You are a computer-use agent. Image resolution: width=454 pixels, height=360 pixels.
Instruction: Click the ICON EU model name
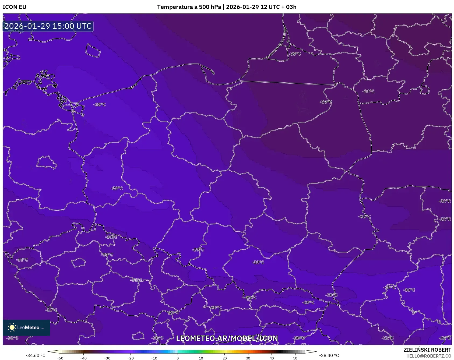(x=15, y=7)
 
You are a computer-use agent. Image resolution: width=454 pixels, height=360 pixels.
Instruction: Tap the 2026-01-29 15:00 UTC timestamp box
(x=48, y=26)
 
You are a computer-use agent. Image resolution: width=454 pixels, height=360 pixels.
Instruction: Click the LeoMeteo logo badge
(x=26, y=327)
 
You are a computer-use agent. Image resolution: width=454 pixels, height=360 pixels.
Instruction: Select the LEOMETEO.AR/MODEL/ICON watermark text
(x=227, y=338)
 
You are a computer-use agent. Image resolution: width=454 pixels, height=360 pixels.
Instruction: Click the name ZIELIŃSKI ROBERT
(x=427, y=350)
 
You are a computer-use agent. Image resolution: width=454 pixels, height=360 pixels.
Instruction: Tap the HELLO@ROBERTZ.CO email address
(x=428, y=356)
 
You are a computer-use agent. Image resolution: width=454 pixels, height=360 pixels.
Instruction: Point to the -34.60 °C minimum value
(x=35, y=355)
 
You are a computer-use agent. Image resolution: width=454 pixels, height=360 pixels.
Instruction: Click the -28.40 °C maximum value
(x=329, y=355)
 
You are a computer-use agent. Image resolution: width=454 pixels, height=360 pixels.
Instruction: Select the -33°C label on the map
(x=295, y=54)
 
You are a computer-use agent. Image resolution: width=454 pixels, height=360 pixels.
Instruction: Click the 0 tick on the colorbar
(x=178, y=358)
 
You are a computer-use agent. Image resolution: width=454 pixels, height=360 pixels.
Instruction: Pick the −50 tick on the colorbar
(x=60, y=358)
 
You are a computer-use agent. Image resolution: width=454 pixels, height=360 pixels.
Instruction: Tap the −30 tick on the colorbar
(x=107, y=358)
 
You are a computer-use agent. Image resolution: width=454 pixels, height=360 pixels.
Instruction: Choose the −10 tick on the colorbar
(x=154, y=358)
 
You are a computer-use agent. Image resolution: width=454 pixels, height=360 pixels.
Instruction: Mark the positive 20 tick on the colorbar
(x=224, y=358)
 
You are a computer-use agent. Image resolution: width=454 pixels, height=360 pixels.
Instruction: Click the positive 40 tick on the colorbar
(x=272, y=358)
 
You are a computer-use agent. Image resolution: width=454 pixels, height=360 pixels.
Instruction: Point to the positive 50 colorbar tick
(x=295, y=358)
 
